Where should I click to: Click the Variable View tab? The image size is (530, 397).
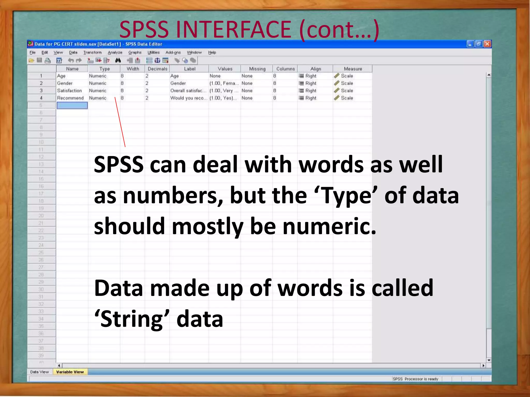tap(70, 372)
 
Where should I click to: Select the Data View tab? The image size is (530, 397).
tap(39, 372)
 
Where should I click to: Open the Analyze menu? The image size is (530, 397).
tap(115, 52)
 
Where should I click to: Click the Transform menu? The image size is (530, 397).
tap(92, 52)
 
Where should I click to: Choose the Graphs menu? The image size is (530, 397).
tap(135, 52)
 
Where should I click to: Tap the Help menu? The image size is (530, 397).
tap(212, 52)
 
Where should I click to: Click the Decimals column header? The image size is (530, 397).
tap(157, 69)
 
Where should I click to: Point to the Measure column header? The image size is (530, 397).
tap(353, 69)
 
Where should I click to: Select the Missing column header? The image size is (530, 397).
tap(257, 69)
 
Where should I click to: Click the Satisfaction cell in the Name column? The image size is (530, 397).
tap(69, 91)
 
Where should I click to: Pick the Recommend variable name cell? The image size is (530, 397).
tap(70, 98)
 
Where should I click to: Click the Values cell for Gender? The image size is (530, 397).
tap(224, 83)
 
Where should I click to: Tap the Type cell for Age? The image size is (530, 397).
tap(98, 76)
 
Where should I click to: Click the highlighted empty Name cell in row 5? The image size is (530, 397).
tap(72, 105)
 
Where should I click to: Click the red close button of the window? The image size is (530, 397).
tap(487, 44)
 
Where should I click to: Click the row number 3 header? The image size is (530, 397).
tap(41, 91)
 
